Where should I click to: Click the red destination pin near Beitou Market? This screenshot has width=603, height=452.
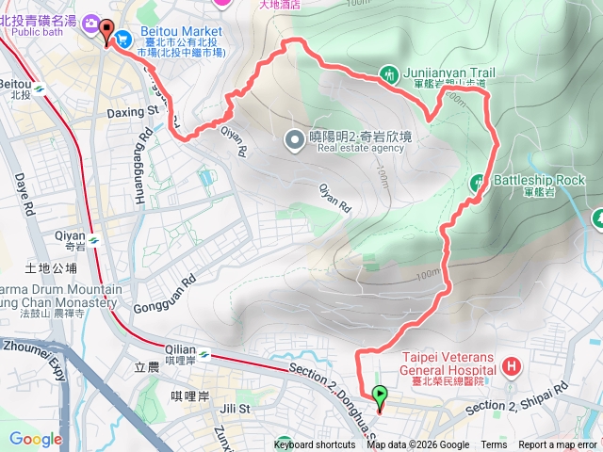pos(105,29)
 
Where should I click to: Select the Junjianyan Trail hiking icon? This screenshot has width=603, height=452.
pos(390,73)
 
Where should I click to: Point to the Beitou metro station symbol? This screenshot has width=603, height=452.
pos(40,89)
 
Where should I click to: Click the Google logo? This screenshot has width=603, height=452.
pos(35,438)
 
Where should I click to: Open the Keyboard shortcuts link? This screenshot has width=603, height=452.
pos(315,445)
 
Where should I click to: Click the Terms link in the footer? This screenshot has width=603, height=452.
pos(494,445)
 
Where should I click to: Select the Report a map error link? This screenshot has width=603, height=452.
pos(558,445)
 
